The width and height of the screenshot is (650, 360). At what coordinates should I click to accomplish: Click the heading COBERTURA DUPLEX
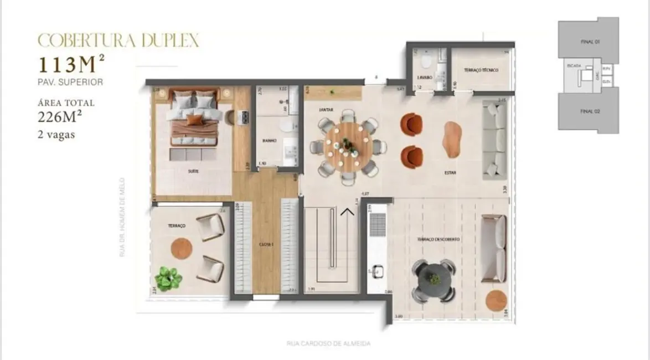tap(118, 40)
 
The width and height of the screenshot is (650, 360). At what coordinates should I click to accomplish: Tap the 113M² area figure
tap(70, 65)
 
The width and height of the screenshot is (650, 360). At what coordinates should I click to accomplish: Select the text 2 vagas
tap(55, 135)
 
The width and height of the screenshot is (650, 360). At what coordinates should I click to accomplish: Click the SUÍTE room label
tap(193, 171)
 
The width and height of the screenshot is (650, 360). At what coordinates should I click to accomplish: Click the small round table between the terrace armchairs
tap(180, 247)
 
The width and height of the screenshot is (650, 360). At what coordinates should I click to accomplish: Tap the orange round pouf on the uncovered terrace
tap(496, 301)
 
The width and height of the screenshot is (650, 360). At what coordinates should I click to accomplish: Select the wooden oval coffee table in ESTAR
tap(452, 139)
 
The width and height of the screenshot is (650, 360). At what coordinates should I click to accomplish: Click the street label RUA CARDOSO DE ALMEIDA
tap(328, 343)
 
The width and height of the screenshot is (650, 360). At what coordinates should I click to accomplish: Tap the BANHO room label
tap(270, 141)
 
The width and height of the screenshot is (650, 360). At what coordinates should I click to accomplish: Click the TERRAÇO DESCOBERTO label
tap(439, 239)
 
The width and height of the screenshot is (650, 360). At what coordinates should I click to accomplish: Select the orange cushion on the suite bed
tap(194, 119)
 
